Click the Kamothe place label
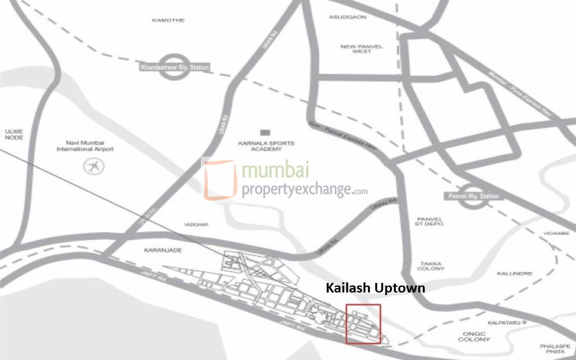168,20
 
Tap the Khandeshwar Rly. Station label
174,67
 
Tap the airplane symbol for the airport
94,167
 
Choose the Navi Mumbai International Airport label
85,146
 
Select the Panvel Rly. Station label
475,196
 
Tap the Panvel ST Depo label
430,221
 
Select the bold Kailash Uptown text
375,287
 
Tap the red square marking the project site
363,324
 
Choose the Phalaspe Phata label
555,348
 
